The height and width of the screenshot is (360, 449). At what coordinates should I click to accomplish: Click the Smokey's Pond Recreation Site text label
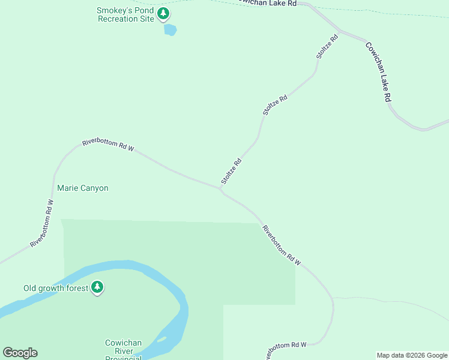click(x=125, y=14)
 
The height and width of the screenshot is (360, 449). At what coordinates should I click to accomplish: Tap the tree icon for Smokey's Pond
click(x=163, y=14)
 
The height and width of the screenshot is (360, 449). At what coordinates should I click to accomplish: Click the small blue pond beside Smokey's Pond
click(x=170, y=29)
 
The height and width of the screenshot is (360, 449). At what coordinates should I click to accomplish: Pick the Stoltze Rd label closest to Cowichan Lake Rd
click(x=328, y=46)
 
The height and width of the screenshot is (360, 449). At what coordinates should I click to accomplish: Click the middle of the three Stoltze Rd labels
click(x=276, y=104)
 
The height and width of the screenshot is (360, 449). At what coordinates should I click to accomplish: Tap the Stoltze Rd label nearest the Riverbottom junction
click(x=231, y=171)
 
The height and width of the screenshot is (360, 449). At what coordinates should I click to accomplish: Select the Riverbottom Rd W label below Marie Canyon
click(x=43, y=223)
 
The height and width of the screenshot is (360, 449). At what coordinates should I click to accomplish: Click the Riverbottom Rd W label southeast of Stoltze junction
click(x=281, y=245)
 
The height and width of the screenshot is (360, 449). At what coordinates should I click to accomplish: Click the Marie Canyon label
click(x=83, y=188)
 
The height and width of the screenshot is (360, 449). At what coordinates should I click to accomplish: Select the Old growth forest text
click(x=55, y=288)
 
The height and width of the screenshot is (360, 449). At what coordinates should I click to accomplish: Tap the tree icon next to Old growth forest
click(x=97, y=288)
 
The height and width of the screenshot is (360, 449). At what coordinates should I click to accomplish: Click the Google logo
click(x=20, y=353)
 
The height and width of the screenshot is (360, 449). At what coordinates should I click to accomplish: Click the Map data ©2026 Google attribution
click(x=412, y=355)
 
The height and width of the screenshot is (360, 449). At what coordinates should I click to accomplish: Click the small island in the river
click(x=160, y=340)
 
